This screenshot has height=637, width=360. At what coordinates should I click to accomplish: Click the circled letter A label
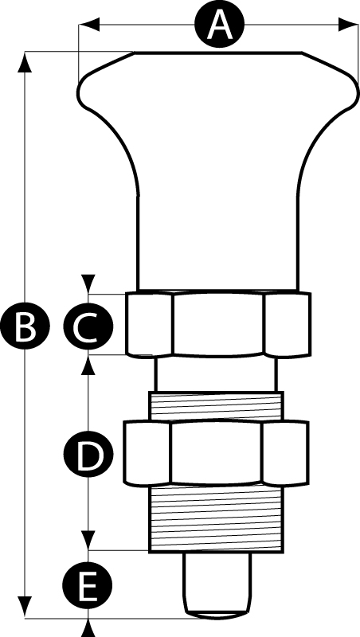219,25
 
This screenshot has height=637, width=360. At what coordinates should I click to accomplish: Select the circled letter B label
25,326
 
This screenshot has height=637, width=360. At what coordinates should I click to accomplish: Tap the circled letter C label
88,326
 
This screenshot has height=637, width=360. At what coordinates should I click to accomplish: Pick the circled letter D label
88,454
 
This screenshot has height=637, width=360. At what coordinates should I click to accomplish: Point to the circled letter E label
87,585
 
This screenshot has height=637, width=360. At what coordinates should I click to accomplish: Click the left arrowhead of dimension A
89,24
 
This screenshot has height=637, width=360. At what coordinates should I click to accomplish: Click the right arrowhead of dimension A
348,24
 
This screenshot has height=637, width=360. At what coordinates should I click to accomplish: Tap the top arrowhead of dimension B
25,62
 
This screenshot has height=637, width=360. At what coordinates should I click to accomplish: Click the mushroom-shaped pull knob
217,170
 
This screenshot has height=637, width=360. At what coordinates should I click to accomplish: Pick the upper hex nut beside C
218,324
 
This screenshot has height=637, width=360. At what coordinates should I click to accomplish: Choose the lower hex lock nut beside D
216,453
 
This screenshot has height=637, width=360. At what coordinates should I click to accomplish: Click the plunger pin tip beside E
217,584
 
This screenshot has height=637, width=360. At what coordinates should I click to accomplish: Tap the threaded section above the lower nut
217,405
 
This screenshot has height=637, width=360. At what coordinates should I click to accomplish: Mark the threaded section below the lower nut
217,518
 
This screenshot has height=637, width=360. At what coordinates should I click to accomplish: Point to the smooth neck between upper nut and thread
216,374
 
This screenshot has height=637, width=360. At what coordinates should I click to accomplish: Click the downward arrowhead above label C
88,283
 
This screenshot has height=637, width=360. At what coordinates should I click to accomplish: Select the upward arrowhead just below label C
88,365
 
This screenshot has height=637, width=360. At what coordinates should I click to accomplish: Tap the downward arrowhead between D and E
88,541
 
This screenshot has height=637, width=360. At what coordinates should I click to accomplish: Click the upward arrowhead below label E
88,628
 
